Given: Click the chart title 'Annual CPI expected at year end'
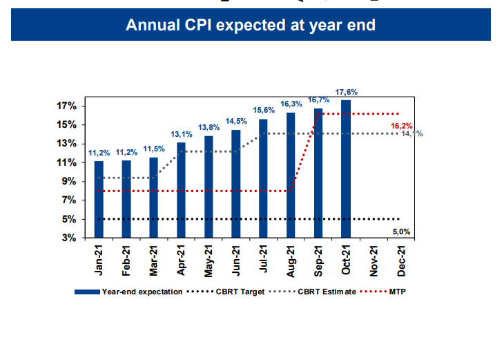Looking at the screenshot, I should (251, 26).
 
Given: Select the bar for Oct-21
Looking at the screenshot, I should (345, 169).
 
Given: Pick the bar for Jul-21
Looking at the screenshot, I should (263, 178).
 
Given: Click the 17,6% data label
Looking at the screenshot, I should (346, 92).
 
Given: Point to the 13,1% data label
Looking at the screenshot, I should (181, 134).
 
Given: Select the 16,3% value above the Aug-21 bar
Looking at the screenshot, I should (291, 104).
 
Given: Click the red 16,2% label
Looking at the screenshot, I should (401, 126).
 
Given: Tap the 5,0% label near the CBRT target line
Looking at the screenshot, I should (401, 231).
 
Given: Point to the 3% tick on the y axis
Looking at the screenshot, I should (69, 238).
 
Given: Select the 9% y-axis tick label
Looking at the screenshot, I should (69, 181).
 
